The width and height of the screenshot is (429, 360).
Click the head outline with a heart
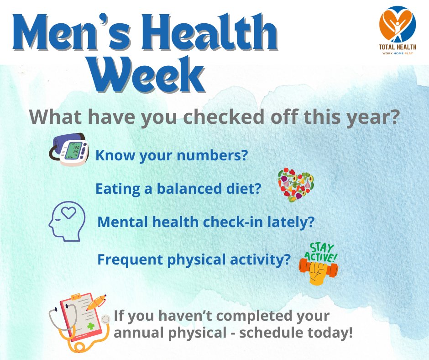click(x=67, y=221)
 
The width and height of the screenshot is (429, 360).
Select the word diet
click(x=246, y=189)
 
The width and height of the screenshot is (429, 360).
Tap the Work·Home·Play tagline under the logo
click(x=398, y=54)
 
